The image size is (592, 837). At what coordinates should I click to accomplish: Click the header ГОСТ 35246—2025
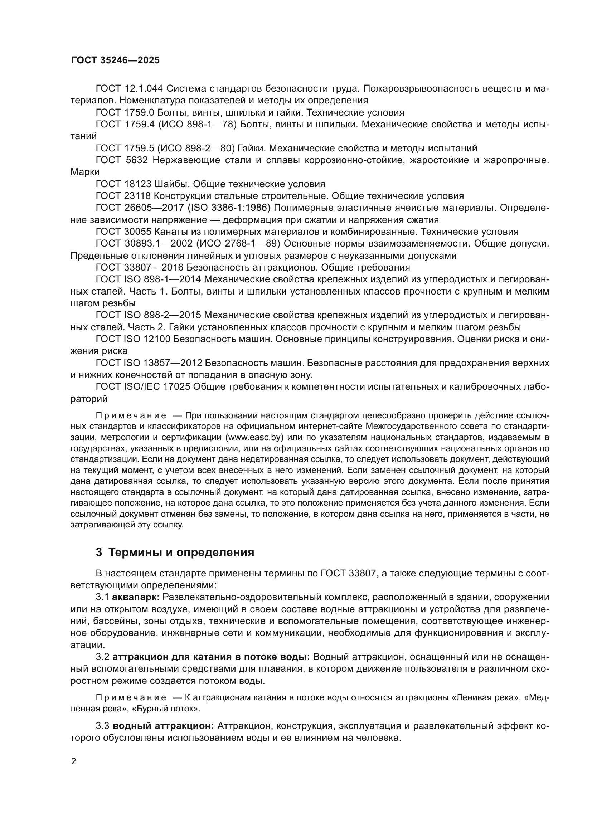click(x=115, y=60)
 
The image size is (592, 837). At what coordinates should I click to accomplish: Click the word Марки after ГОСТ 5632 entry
click(x=85, y=172)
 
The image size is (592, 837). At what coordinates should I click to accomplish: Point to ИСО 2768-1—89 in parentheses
click(x=237, y=244)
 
